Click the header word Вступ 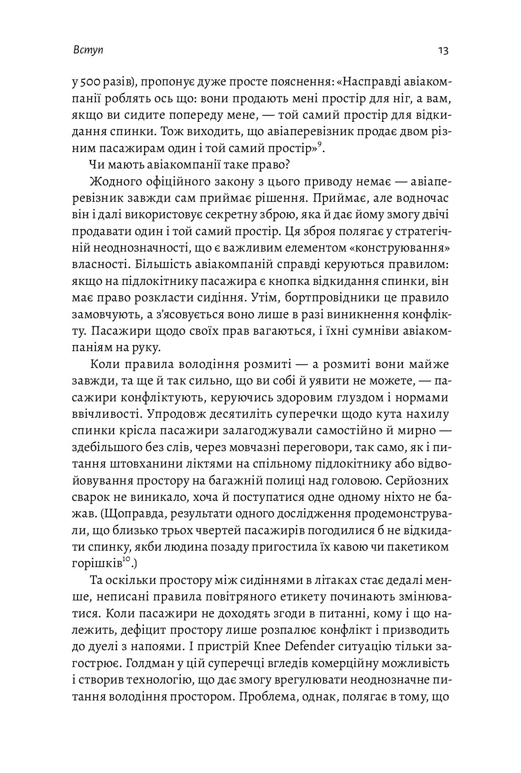pyautogui.click(x=88, y=50)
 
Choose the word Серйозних pyautogui.click(x=416, y=481)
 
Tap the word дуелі pyautogui.click(x=98, y=647)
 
